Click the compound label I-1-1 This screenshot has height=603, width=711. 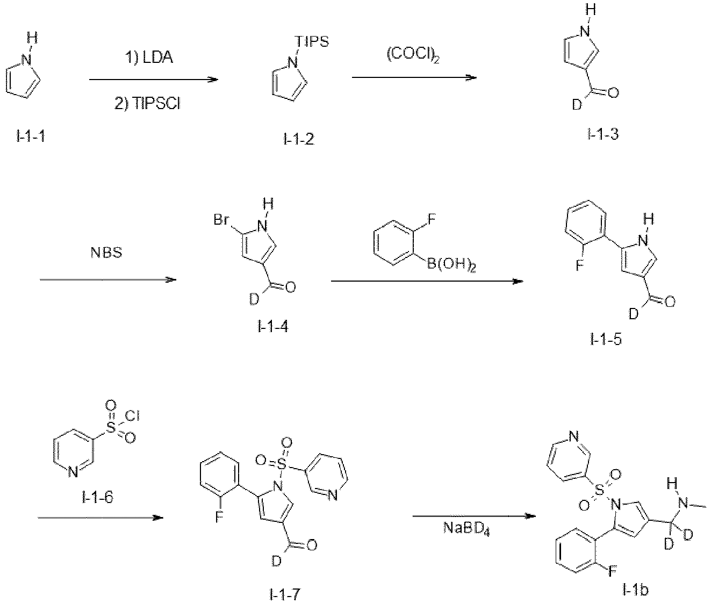(x=31, y=137)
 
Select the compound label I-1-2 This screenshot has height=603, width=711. (x=299, y=139)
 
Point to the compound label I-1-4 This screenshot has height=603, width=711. (x=273, y=326)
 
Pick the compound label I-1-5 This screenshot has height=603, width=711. (x=606, y=340)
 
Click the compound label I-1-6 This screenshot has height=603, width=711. (x=97, y=497)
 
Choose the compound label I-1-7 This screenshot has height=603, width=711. (x=284, y=594)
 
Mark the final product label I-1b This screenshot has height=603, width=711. (x=635, y=590)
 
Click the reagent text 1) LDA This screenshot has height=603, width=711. (x=149, y=58)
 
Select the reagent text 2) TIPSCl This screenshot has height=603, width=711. (x=148, y=103)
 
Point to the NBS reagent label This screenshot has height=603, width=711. (x=106, y=253)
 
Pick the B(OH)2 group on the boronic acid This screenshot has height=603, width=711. (x=451, y=265)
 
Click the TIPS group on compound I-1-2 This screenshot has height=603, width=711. (x=313, y=41)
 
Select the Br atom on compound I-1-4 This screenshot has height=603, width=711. (x=221, y=219)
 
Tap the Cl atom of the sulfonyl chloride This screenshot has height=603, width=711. (x=132, y=416)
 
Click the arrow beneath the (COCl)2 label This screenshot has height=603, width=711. (x=414, y=78)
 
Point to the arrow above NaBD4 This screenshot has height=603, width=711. (x=474, y=516)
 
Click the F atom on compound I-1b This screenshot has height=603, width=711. (x=612, y=571)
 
